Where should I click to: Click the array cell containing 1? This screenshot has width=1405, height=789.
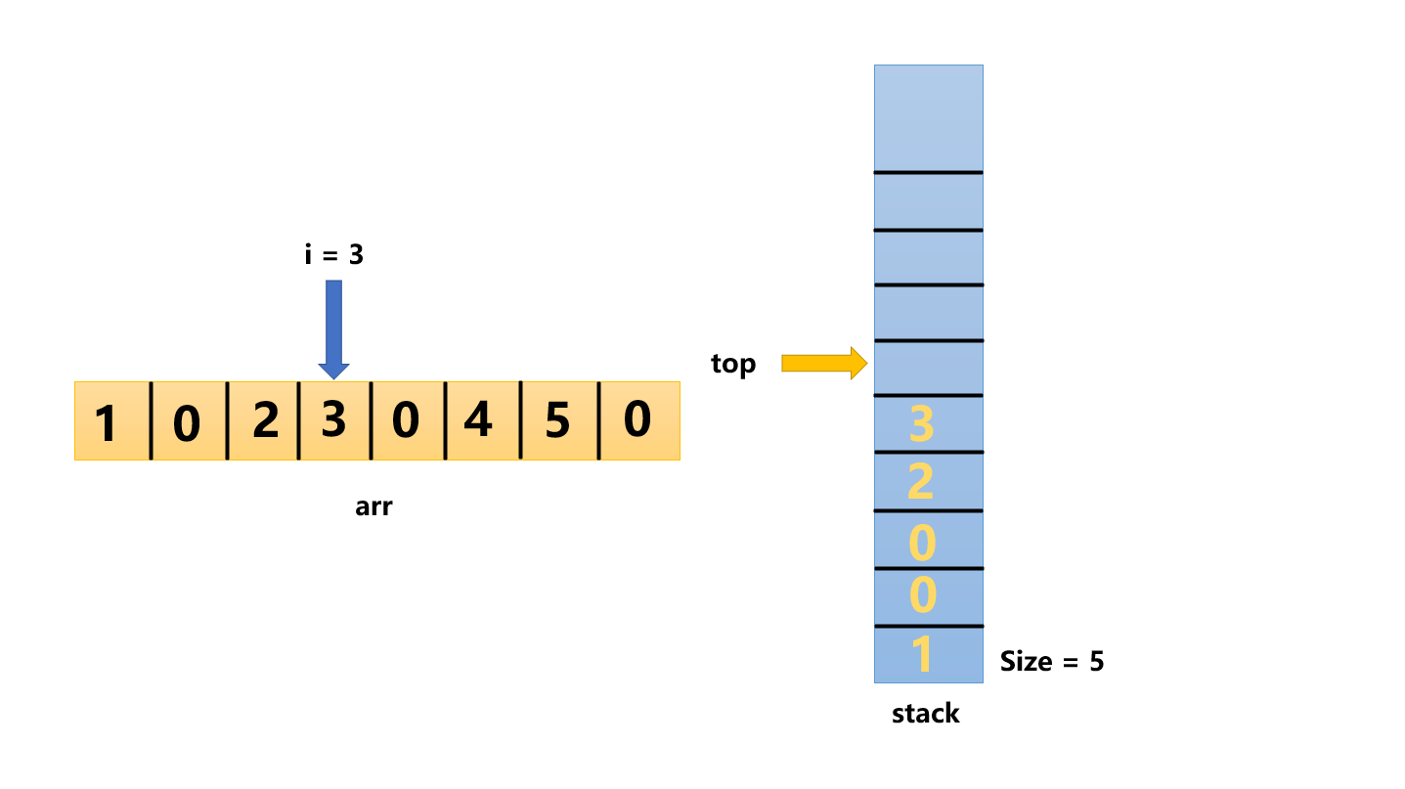click(110, 422)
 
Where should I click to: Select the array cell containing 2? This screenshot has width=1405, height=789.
click(264, 420)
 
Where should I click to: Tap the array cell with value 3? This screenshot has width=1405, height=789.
click(334, 420)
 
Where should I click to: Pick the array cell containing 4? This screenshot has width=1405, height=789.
click(479, 420)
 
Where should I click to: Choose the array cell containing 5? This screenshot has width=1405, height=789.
click(557, 420)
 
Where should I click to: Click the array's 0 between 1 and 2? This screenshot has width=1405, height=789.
click(187, 422)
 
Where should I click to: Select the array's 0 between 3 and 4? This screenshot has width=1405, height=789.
click(406, 420)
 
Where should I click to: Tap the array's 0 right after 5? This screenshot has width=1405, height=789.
click(637, 420)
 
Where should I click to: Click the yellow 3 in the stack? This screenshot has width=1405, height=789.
click(922, 424)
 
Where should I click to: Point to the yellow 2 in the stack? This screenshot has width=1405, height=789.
click(921, 482)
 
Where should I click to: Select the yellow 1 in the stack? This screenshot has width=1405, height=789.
click(921, 655)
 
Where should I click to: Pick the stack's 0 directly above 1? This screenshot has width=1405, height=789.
click(922, 596)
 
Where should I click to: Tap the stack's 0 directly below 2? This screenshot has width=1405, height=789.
click(922, 541)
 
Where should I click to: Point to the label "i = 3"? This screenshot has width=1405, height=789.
click(333, 255)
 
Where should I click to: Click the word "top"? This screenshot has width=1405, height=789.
click(733, 365)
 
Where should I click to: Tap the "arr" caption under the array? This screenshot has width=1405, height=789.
click(373, 507)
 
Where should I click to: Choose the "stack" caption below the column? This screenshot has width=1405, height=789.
click(925, 714)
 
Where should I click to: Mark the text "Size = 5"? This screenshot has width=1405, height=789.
click(1051, 662)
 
